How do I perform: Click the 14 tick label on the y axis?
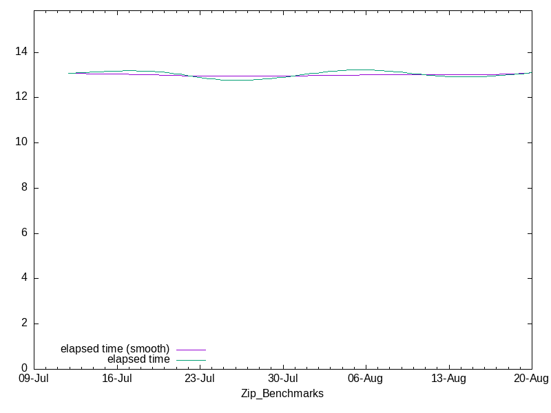(21, 52)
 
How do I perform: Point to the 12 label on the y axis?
(21, 96)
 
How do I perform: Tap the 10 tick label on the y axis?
(21, 142)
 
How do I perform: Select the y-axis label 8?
(24, 187)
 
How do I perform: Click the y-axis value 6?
(24, 233)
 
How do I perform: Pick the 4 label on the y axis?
(24, 277)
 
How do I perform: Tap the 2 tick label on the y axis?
(24, 323)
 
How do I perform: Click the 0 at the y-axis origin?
(24, 368)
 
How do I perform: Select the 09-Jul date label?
(34, 379)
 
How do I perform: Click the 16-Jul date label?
(117, 379)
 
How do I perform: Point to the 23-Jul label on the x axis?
(200, 379)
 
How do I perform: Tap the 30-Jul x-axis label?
(283, 379)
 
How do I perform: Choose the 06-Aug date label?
(366, 379)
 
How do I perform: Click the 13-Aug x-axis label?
(449, 379)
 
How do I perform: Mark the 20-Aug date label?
(531, 379)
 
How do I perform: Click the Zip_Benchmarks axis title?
(282, 394)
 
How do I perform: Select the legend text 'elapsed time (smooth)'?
(115, 349)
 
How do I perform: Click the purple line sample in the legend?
(191, 350)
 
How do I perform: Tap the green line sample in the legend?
(191, 360)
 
